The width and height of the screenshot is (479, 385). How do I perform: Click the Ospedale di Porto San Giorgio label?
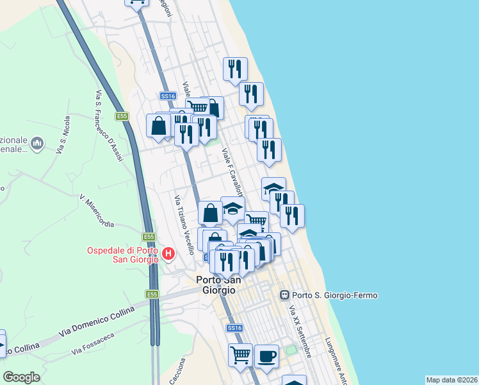pos(122,255)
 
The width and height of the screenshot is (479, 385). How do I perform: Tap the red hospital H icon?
pos(168,254)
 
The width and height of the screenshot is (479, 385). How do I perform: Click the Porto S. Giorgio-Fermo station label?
pos(335,295)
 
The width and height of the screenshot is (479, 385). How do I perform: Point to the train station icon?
pos(284,295)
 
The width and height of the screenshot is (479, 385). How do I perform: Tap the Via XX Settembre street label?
pos(300,332)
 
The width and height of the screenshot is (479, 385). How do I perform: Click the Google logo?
pos(21,377)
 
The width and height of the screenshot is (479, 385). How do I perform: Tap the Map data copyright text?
pos(451,380)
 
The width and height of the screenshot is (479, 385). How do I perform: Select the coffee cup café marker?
pos(266,356)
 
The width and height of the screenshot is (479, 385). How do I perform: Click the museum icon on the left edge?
pos(37,141)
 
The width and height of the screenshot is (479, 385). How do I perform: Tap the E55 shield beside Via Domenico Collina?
pos(151,295)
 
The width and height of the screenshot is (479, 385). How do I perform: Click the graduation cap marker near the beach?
pos(273,188)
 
